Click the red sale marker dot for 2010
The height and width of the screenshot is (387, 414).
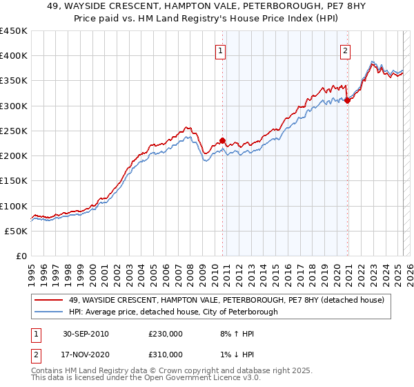pyautogui.click(x=222, y=140)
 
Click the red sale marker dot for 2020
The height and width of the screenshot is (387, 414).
pyautogui.click(x=347, y=100)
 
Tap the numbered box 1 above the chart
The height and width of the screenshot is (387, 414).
pyautogui.click(x=219, y=49)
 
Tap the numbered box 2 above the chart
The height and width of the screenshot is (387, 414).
pyautogui.click(x=344, y=49)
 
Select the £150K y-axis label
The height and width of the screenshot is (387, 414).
pyautogui.click(x=14, y=181)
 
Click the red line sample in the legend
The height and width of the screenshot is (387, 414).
pyautogui.click(x=49, y=299)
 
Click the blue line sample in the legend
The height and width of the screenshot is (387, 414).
pyautogui.click(x=49, y=312)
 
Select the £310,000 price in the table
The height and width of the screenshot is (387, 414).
pyautogui.click(x=166, y=355)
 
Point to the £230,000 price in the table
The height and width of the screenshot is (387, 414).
pyautogui.click(x=166, y=334)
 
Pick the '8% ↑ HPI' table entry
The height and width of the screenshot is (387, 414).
pyautogui.click(x=234, y=334)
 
